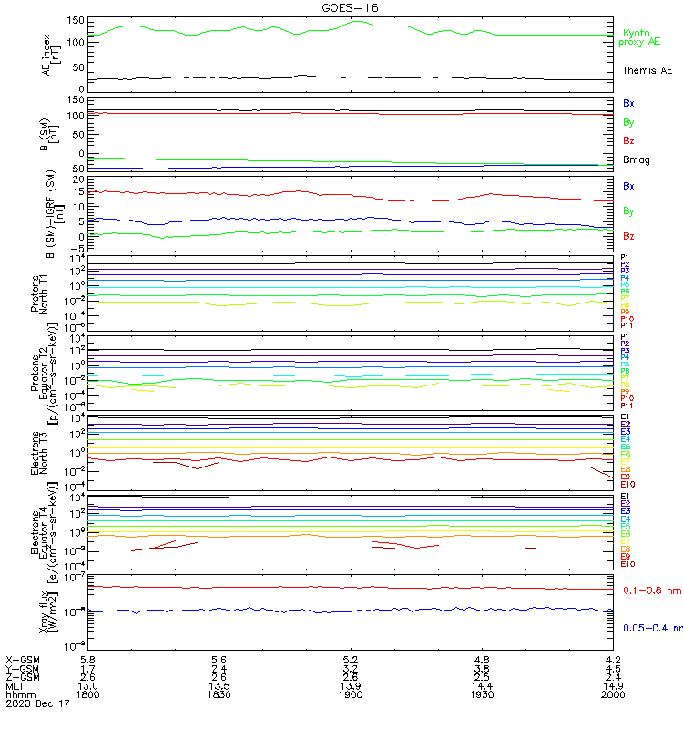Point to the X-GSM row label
[22, 658]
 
